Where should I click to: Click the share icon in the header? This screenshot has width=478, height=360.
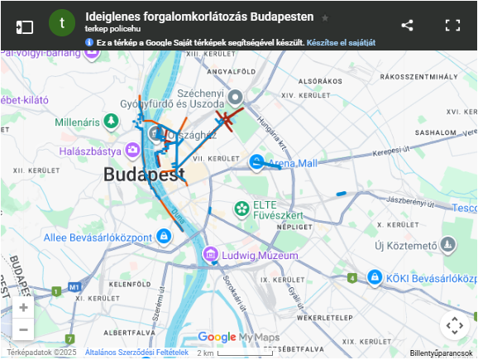point(407,25)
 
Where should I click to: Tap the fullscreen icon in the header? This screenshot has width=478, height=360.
point(452,25)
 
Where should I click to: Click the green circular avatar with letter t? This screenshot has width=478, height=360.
point(62,24)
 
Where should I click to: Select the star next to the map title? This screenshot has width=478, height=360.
point(325,17)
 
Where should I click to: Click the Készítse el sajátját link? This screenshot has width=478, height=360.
point(342,41)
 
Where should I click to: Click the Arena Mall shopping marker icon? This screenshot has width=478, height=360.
point(257,162)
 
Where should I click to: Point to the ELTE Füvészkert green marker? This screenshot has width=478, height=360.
point(241,208)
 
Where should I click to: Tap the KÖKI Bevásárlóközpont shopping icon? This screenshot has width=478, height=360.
point(375,276)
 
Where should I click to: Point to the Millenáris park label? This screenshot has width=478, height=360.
point(77,122)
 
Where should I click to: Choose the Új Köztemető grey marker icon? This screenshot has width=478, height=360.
point(448,245)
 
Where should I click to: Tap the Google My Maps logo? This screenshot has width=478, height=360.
point(238,337)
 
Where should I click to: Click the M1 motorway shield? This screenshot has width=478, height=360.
point(75,287)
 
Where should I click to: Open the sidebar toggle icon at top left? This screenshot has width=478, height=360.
point(25,26)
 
